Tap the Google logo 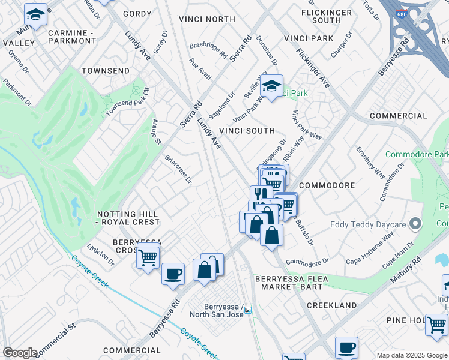20,353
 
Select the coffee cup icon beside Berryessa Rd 173,273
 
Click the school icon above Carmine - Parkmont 35,14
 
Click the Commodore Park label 416,154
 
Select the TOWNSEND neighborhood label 106,71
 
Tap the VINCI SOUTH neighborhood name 247,130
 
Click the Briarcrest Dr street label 178,169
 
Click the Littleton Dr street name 101,255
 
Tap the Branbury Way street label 370,162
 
